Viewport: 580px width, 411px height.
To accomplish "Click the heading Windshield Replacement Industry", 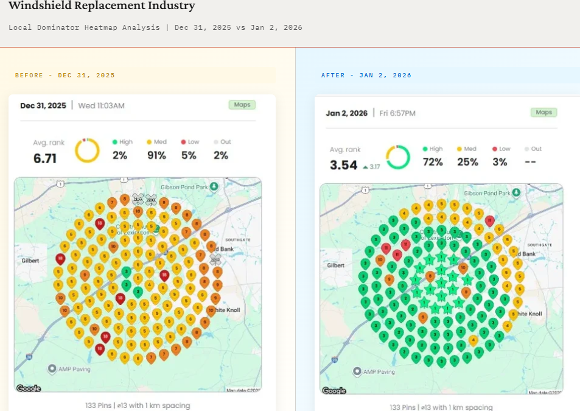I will point(102,7).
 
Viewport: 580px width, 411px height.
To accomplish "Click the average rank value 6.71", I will point(44,159).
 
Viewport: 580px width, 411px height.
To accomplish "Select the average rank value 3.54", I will point(343,165).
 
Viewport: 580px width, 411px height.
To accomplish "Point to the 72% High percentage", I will point(433,163).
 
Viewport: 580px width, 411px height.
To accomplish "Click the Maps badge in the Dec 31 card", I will point(242,105).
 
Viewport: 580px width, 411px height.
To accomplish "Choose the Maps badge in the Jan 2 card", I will point(543,113).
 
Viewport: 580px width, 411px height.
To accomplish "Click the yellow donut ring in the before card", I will point(87,150).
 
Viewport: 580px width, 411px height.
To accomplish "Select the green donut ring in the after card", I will point(397,157).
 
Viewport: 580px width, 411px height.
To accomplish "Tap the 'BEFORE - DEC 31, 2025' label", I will point(65,76).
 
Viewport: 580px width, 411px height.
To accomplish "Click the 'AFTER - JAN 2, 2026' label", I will point(366,76).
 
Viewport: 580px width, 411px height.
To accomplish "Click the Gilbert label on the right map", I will point(335,265).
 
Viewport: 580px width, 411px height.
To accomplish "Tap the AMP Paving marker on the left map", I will point(52,368).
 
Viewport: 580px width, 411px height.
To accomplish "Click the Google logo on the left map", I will point(29,388).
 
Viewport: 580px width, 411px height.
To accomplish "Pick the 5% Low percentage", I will point(189,156).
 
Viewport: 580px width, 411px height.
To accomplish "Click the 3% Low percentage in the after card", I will point(500,163).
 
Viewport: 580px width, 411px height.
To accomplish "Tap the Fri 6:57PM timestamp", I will point(398,113).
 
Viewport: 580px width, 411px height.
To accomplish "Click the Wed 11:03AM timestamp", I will point(102,105).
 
